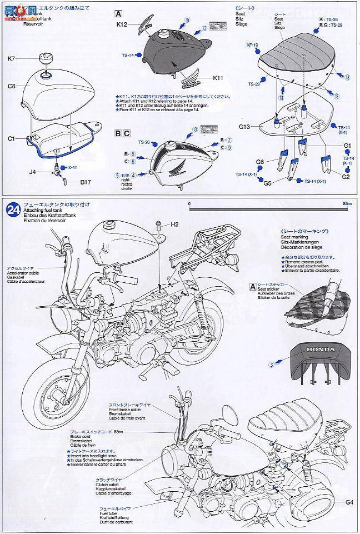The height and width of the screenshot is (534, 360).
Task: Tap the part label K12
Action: pos(122,24)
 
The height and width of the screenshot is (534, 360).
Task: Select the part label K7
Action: pos(12,59)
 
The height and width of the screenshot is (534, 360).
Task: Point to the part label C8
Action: pos(12,86)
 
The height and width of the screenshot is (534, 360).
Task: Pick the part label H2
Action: pos(174,224)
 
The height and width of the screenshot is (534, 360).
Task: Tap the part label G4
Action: pos(348,503)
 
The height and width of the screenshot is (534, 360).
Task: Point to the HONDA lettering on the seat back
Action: pos(318,351)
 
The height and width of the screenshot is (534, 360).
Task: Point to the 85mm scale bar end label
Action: pos(348,204)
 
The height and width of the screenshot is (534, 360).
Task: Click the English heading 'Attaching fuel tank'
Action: pos(44,211)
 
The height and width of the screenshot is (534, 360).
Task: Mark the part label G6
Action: pos(260,162)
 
